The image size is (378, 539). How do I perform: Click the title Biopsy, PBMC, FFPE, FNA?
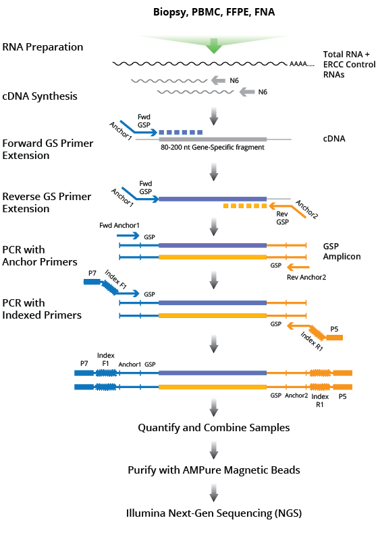pyautogui.click(x=214, y=11)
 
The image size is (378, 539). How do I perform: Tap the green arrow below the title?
pyautogui.click(x=214, y=44)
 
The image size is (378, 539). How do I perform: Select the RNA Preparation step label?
pyautogui.click(x=43, y=47)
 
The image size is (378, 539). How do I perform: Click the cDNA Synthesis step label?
pyautogui.click(x=40, y=96)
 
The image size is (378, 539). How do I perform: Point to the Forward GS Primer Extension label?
pyautogui.click(x=48, y=150)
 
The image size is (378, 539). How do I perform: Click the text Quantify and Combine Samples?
pyautogui.click(x=214, y=428)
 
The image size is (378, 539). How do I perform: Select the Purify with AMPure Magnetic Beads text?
pyautogui.click(x=214, y=470)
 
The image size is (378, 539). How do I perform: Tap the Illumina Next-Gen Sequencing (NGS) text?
pyautogui.click(x=214, y=513)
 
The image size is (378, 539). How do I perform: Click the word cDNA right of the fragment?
pyautogui.click(x=335, y=139)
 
